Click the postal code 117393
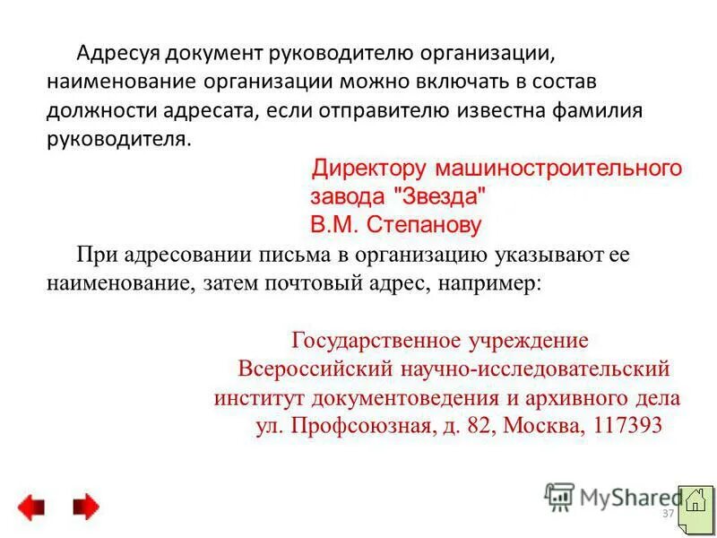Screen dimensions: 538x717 pos(626,425)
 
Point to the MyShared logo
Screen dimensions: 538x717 pos(614,496)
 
